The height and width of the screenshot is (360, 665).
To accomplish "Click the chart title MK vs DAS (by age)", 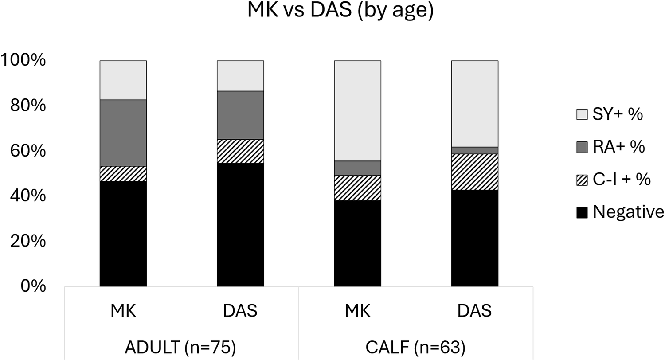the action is (340, 11).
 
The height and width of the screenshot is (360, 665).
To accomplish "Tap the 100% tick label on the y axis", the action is (23, 60).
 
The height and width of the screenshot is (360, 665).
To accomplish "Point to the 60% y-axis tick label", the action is (28, 151).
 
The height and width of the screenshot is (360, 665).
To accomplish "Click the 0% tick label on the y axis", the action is (33, 286).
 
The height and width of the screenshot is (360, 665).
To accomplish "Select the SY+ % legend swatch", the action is (582, 114).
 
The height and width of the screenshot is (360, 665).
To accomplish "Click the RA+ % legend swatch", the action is (582, 148).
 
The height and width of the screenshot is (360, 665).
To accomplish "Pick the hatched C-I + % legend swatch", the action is (582, 180).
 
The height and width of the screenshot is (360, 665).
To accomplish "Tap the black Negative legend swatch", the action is (582, 213).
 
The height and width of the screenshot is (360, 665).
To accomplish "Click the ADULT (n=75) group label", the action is (180, 348).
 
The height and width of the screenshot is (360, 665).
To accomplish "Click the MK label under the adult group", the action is (123, 311).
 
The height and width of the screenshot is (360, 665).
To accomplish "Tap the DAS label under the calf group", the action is (475, 311).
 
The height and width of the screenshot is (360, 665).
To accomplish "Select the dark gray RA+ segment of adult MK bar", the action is (123, 133).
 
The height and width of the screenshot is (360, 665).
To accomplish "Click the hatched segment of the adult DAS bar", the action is (240, 151).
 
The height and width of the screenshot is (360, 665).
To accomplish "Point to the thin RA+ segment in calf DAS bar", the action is (475, 150).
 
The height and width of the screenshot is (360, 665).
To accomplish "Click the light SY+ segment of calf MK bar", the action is (357, 111).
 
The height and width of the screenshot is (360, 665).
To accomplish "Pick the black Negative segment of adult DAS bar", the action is (240, 225).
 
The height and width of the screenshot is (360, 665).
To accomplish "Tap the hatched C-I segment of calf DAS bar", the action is (475, 172).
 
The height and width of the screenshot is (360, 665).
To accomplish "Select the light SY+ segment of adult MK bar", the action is (123, 80).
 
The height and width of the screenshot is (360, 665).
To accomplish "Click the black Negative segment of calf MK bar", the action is (357, 243).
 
